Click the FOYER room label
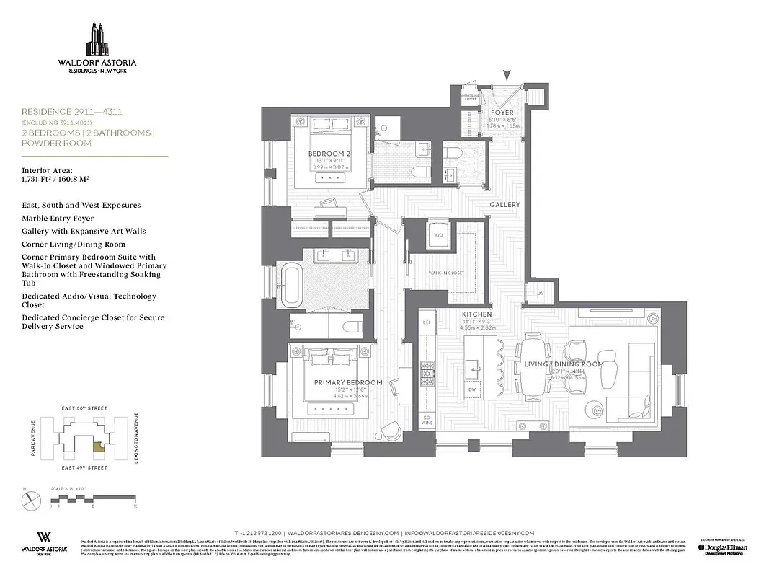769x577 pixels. (x=502, y=113)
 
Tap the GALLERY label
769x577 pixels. (x=504, y=205)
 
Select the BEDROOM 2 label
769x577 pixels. (x=329, y=154)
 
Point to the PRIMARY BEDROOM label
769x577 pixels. (x=347, y=382)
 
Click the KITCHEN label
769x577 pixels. (x=477, y=315)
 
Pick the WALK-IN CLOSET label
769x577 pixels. (x=446, y=274)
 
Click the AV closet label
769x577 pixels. (x=541, y=294)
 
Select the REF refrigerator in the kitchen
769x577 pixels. (x=426, y=322)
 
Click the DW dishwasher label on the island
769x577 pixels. (x=473, y=389)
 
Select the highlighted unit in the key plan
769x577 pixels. (x=97, y=448)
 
